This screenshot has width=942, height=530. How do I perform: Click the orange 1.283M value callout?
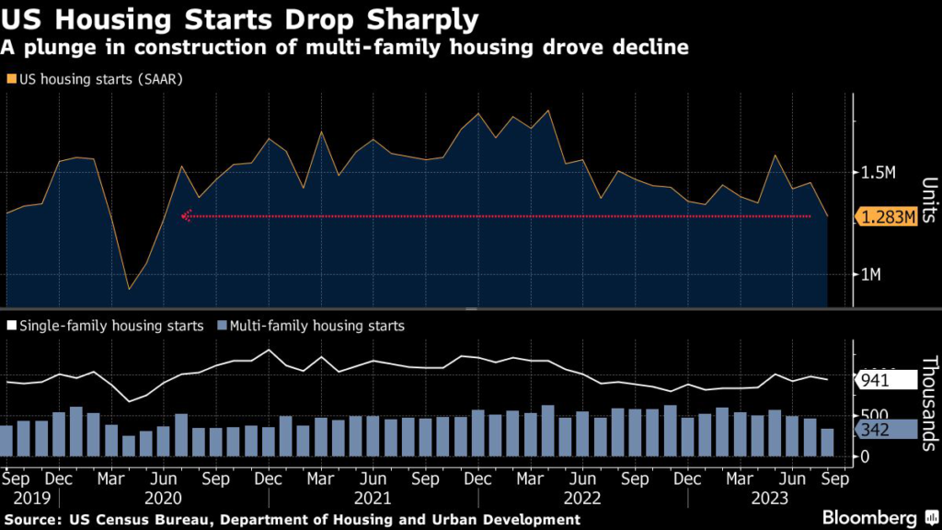(887, 217)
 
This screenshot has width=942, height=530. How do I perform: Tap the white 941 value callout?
(887, 379)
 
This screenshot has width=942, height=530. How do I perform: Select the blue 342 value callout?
(887, 430)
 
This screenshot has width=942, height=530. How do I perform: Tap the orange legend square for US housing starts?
(10, 79)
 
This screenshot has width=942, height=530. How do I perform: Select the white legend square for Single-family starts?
(10, 326)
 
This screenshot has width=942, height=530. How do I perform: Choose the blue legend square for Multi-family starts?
(221, 326)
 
